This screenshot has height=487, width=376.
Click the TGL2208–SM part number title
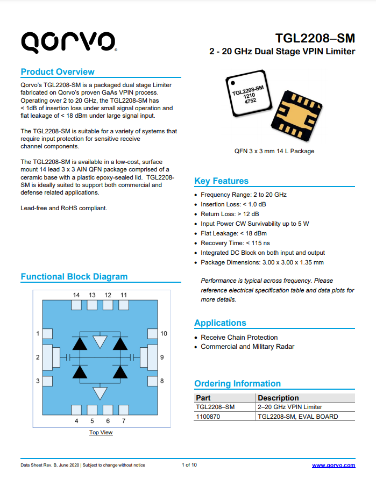tap(315, 38)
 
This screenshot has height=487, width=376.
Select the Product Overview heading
tap(58, 72)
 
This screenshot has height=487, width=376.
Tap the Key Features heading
tap(221, 181)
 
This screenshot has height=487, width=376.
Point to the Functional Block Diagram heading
tap(74, 277)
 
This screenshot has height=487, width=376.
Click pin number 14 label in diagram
tap(76, 295)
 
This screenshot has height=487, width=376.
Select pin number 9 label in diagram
tap(162, 357)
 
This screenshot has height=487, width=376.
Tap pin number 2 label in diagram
tap(38, 357)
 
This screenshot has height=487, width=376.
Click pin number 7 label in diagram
tap(124, 421)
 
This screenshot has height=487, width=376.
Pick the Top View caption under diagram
tap(101, 432)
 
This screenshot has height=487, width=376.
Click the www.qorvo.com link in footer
tap(334, 465)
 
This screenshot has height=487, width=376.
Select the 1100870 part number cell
tap(208, 417)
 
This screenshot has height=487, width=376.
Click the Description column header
tap(278, 398)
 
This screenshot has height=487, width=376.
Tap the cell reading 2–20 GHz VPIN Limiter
tap(290, 407)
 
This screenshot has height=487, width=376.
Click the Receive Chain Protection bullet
tap(239, 338)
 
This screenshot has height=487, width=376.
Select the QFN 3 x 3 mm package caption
tap(274, 151)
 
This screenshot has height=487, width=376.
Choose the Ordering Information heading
tap(237, 384)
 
